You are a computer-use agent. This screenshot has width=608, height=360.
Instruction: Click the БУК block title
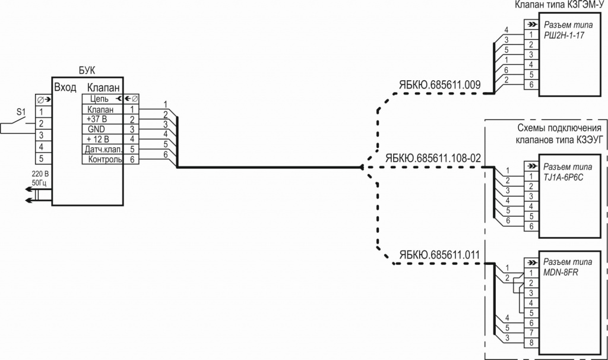[87, 71]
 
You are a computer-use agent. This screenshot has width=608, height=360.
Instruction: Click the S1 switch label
[21, 112]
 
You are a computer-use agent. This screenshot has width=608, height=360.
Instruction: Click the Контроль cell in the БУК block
[104, 159]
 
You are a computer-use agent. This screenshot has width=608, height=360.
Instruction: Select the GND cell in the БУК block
[96, 129]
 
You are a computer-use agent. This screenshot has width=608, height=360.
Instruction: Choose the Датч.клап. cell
[103, 149]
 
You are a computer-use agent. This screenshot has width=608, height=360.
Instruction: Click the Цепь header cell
[99, 99]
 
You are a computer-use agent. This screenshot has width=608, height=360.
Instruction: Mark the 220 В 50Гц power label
[39, 178]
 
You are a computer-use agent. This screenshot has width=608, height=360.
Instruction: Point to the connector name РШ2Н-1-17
[564, 36]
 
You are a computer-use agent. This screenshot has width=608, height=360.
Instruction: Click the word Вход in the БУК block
[65, 87]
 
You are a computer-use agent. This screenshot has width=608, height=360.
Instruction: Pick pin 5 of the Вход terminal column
[41, 159]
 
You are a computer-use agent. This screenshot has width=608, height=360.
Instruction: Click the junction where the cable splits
[362, 168]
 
